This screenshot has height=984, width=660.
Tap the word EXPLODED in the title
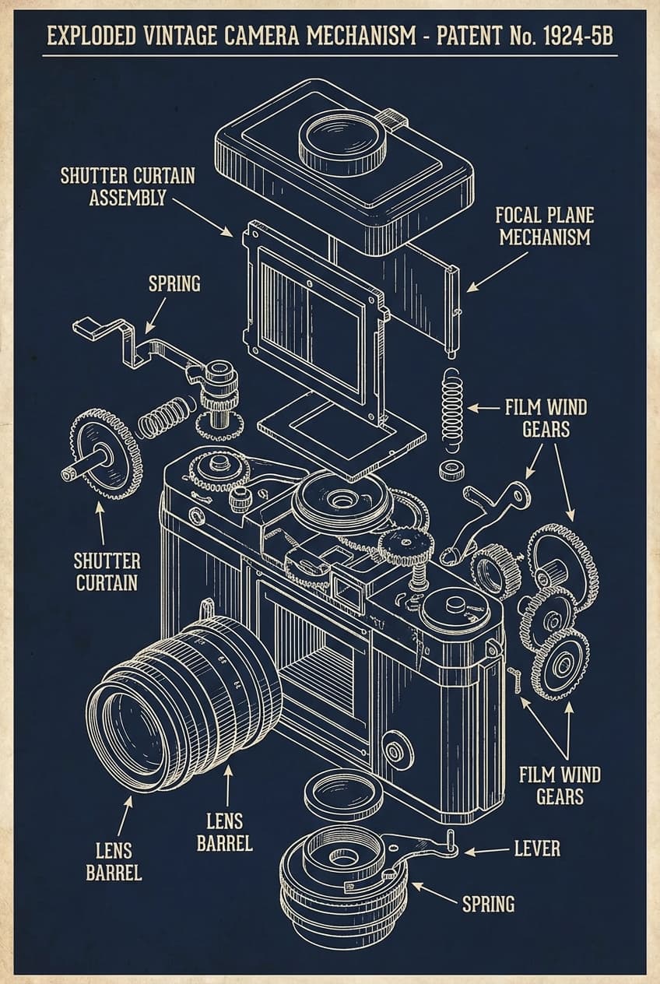(91, 37)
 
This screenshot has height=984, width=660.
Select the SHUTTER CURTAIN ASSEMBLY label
(128, 186)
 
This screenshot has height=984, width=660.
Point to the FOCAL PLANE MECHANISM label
(544, 226)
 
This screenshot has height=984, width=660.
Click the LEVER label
(536, 848)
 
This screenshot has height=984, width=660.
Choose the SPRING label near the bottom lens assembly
(488, 903)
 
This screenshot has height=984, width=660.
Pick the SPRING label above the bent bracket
(174, 283)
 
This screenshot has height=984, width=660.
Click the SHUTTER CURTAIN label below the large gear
(107, 571)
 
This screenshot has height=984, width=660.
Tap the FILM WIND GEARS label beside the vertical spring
(546, 417)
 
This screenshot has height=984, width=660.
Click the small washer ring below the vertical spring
(450, 470)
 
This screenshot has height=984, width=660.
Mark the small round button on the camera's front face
(395, 750)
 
